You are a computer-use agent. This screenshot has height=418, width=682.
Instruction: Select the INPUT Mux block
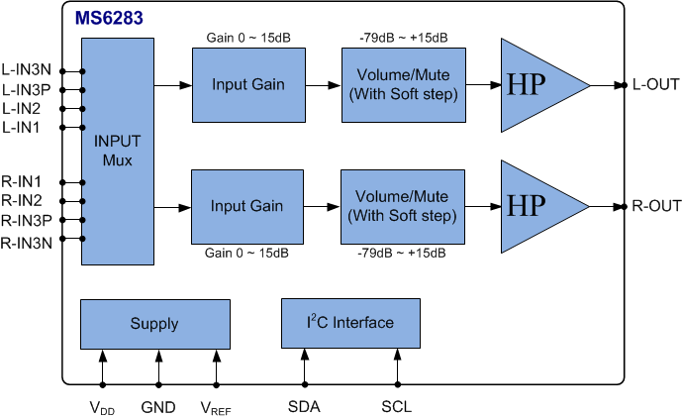click(x=118, y=152)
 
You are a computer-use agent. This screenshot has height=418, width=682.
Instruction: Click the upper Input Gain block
click(x=247, y=85)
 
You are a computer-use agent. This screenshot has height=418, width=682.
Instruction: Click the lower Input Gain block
click(x=247, y=207)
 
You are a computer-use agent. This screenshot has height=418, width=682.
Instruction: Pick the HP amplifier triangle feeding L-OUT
click(x=535, y=85)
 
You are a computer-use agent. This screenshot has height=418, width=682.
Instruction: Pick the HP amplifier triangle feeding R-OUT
click(x=535, y=207)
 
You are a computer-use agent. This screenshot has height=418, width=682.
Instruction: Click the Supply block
click(x=154, y=323)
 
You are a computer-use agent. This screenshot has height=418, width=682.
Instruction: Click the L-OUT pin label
click(x=655, y=85)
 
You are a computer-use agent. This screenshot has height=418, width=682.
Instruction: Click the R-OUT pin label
click(x=656, y=207)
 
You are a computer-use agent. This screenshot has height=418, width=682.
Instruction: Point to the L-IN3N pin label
click(x=28, y=71)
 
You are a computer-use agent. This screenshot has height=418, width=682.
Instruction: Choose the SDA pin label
click(x=303, y=406)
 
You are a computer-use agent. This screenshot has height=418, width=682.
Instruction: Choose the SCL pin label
click(x=396, y=406)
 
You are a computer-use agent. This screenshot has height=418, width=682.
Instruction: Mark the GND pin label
click(x=157, y=406)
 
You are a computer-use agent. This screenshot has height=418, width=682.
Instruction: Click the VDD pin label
click(x=102, y=406)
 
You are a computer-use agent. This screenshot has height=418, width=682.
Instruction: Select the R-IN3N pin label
click(x=28, y=242)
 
